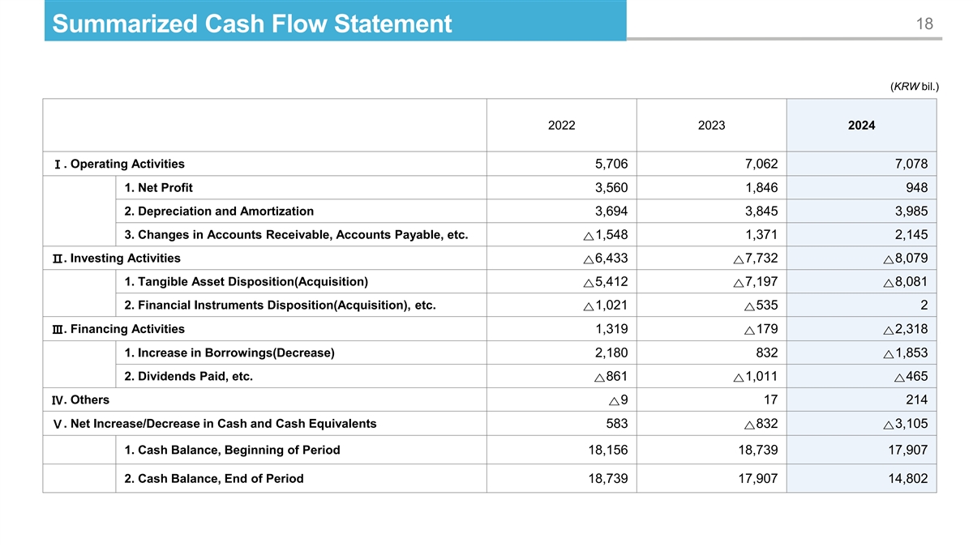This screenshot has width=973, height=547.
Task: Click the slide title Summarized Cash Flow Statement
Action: click(251, 24)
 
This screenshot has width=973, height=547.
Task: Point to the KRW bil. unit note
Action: click(915, 85)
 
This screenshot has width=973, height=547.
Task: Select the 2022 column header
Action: click(562, 126)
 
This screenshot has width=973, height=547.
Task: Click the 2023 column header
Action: click(711, 126)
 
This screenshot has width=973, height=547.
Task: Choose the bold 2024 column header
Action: click(861, 126)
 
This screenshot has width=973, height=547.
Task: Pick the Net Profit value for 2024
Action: click(915, 188)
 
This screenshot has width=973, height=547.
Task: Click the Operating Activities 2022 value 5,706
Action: click(611, 165)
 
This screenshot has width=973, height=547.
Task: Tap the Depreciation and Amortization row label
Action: click(219, 212)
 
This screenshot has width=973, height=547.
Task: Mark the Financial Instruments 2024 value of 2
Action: click(924, 306)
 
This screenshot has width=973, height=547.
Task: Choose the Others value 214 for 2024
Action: click(916, 400)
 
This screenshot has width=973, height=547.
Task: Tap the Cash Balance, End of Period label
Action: click(214, 478)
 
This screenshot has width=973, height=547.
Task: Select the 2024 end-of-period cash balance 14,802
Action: click(906, 478)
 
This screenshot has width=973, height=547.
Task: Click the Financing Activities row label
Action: click(127, 329)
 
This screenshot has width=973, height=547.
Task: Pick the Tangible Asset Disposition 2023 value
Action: click(755, 282)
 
